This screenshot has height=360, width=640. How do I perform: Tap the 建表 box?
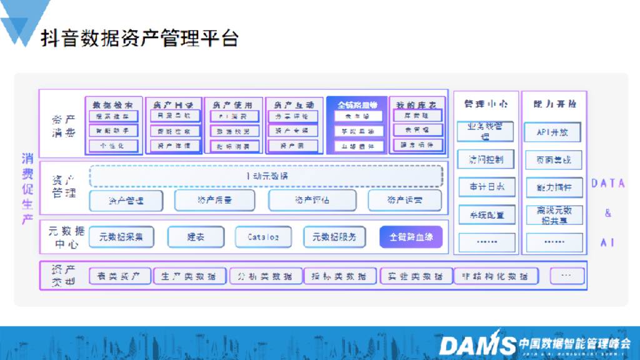[x=196, y=237]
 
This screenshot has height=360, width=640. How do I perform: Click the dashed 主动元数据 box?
[x=266, y=176]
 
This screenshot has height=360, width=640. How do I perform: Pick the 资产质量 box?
[x=214, y=201]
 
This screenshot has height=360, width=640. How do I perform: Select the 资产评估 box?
[x=312, y=201]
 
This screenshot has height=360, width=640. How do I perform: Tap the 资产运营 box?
[x=404, y=201]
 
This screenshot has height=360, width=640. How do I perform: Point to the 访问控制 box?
[x=487, y=159]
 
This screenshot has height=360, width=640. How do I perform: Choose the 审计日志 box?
[x=487, y=186]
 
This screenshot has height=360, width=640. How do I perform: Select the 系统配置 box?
[x=487, y=215]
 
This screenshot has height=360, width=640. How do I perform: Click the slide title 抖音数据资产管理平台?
[x=139, y=38]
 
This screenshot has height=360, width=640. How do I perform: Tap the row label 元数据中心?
[x=62, y=237]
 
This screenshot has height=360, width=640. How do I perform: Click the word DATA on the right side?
[x=608, y=183]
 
